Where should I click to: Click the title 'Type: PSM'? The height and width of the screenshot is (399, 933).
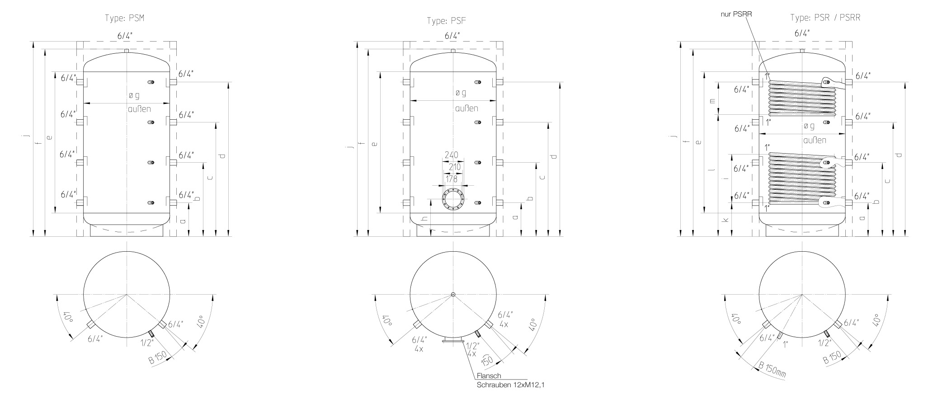pyautogui.click(x=127, y=18)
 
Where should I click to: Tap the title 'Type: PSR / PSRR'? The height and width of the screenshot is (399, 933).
pyautogui.click(x=825, y=18)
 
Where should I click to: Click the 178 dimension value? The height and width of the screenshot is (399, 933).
pyautogui.click(x=452, y=179)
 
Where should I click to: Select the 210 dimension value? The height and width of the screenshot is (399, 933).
pyautogui.click(x=454, y=167)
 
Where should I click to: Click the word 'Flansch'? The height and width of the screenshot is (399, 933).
pyautogui.click(x=489, y=376)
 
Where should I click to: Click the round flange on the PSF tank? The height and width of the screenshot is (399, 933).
pyautogui.click(x=453, y=199)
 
